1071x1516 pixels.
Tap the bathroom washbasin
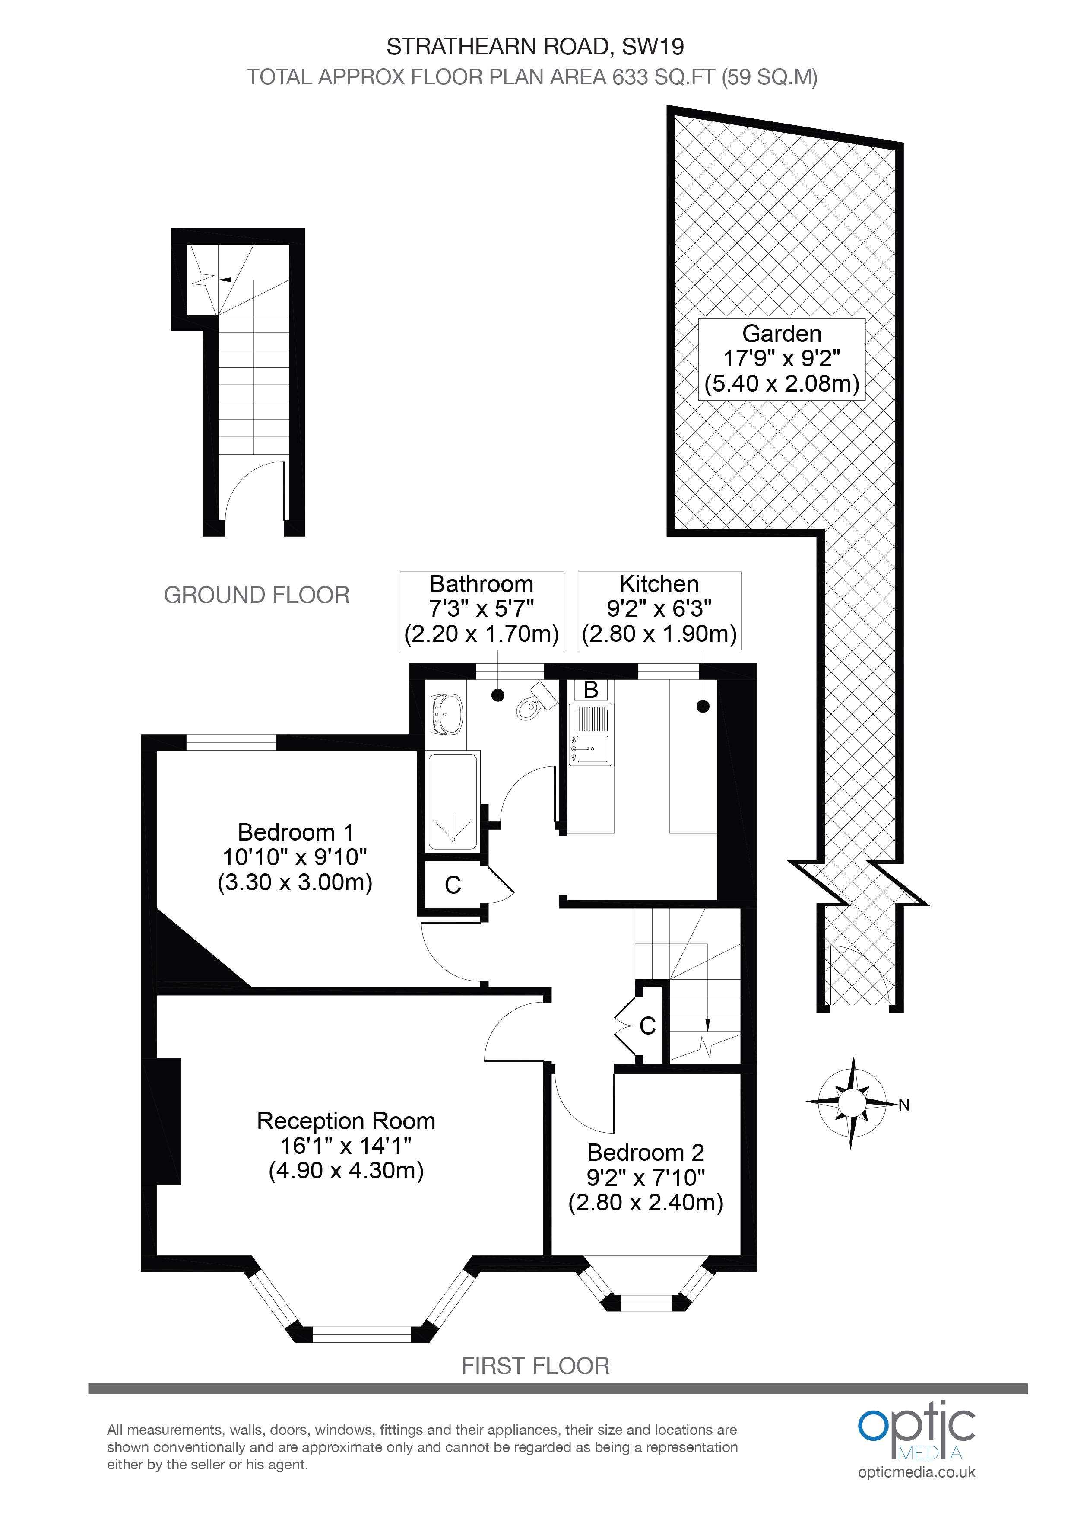click(446, 714)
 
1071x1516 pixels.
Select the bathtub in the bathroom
click(453, 802)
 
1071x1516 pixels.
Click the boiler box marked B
click(591, 689)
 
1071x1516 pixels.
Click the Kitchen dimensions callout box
click(660, 610)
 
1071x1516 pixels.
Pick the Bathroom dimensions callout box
click(482, 610)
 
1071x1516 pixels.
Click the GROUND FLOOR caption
click(257, 595)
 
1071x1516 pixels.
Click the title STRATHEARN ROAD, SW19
click(535, 47)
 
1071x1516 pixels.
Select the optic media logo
click(916, 1431)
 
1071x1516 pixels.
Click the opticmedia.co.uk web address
click(916, 1472)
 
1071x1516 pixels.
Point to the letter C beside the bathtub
click(453, 885)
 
